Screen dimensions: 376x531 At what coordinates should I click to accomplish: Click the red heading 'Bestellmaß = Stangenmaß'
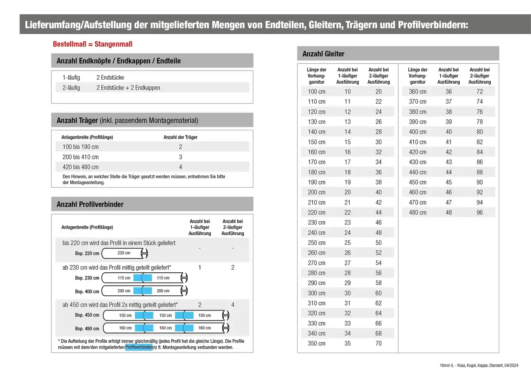92,45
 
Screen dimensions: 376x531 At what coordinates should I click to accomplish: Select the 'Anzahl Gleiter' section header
323,54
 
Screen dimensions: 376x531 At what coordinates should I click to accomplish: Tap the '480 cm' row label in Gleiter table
417,213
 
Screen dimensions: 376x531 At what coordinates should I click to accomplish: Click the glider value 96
480,213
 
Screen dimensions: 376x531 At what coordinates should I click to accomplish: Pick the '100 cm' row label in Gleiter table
316,92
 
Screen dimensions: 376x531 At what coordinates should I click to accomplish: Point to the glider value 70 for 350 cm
378,344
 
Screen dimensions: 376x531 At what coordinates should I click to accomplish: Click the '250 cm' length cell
316,243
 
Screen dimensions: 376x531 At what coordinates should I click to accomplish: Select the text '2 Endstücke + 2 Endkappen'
128,88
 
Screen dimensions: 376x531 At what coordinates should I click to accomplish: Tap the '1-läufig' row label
71,78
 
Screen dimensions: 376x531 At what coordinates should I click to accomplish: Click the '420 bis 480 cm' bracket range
77,167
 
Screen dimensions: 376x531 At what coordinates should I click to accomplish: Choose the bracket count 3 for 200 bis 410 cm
181,157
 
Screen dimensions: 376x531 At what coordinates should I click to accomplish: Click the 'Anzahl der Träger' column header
181,137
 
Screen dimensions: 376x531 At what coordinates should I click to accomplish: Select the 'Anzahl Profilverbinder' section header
90,205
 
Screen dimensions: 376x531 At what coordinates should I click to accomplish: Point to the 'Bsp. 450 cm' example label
87,316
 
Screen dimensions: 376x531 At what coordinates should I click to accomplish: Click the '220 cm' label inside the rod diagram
124,253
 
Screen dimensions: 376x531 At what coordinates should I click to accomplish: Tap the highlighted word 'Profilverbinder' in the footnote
139,348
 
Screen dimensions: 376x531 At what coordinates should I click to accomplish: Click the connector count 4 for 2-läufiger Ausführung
233,305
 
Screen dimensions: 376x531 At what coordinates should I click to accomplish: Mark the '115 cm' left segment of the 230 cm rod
124,278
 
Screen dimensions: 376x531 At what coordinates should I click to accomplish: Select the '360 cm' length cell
417,92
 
